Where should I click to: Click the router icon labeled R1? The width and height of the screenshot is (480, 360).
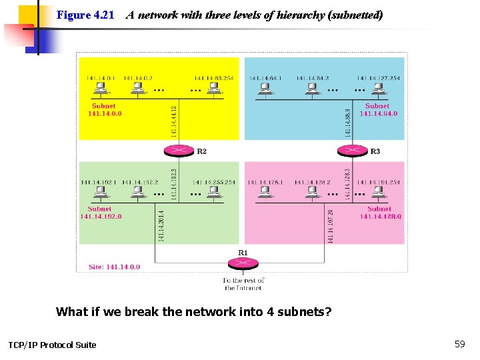tap(243, 263)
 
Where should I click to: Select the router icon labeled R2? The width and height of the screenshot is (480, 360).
tap(179, 151)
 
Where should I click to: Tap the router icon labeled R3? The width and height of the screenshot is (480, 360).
tap(354, 151)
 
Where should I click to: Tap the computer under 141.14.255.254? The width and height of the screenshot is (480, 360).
tap(214, 193)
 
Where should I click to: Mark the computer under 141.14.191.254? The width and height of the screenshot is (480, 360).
tap(379, 193)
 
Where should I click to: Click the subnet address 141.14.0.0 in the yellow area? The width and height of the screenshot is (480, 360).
tap(105, 113)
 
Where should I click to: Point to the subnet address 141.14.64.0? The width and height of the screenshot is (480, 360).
tap(378, 113)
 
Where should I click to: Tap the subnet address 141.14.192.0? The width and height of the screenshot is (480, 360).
tap(101, 216)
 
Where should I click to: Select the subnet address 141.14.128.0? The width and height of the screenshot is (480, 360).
tap(380, 216)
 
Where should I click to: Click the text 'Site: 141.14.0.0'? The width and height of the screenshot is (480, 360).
tap(114, 267)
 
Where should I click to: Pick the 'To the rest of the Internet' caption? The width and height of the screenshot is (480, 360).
tap(243, 284)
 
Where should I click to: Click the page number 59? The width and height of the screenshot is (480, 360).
tap(459, 344)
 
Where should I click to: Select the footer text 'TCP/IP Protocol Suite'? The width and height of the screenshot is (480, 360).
tap(52, 345)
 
